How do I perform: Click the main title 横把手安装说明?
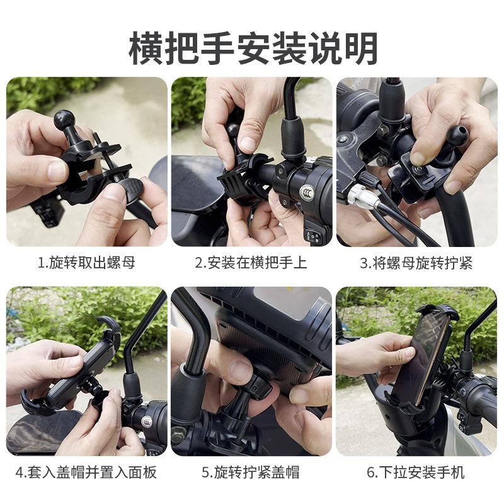[253, 48]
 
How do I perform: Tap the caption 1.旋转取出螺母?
[86, 263]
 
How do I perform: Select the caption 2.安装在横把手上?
[251, 263]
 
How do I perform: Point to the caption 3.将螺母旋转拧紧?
[416, 263]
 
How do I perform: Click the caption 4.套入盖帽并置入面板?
[86, 472]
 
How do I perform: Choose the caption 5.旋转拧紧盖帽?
[251, 472]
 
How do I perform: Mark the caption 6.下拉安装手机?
[416, 472]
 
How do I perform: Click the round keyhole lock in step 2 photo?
[307, 193]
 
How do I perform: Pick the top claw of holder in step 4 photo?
[108, 324]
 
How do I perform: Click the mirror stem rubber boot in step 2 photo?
[292, 137]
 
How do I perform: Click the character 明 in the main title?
[360, 49]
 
